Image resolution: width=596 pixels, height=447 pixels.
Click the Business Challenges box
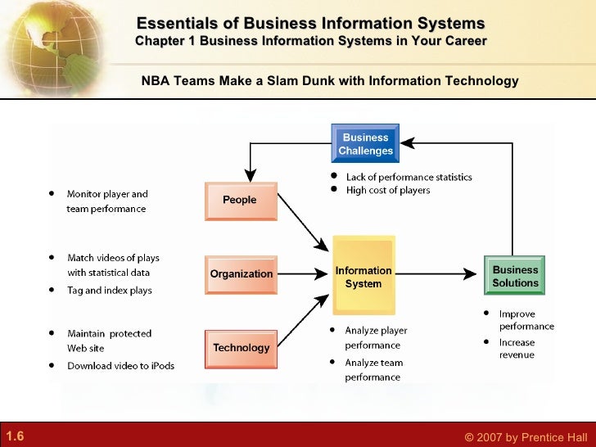click(x=365, y=144)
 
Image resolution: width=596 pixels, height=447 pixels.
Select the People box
click(x=240, y=201)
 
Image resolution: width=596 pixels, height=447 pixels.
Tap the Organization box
click(x=241, y=274)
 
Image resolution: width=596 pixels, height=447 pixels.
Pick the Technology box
click(x=241, y=348)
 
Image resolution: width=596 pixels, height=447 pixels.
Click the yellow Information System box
click(x=363, y=277)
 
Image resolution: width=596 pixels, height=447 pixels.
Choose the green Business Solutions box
click(x=515, y=276)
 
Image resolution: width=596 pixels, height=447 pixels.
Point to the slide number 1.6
click(x=15, y=436)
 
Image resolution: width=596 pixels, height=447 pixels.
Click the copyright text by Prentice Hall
click(x=526, y=437)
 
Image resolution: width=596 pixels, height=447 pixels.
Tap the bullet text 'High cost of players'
click(x=388, y=191)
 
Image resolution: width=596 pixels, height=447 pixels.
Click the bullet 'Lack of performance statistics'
click(x=409, y=177)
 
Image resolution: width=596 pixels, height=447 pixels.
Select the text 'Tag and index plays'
click(x=110, y=291)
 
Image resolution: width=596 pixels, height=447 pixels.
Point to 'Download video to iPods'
click(x=120, y=366)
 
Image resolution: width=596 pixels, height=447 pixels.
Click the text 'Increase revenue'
click(x=517, y=349)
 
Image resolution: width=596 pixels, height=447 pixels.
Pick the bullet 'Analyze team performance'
click(x=373, y=370)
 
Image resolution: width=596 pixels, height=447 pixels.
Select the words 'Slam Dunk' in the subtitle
click(x=296, y=81)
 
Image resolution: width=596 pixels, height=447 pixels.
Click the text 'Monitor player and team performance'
click(x=106, y=201)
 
